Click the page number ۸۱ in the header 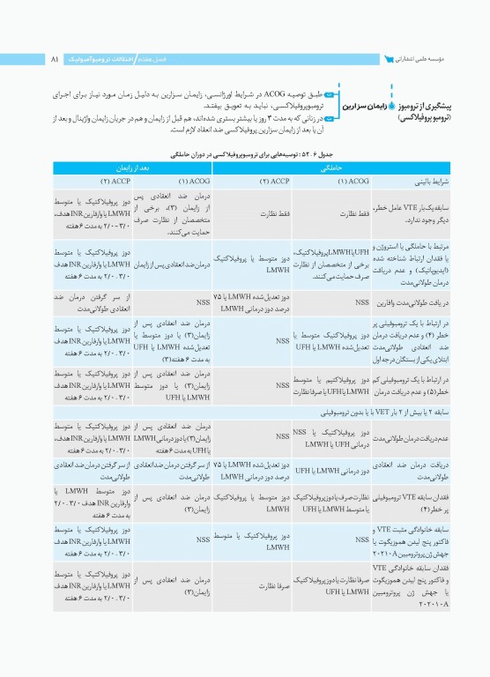coord(55,59)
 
